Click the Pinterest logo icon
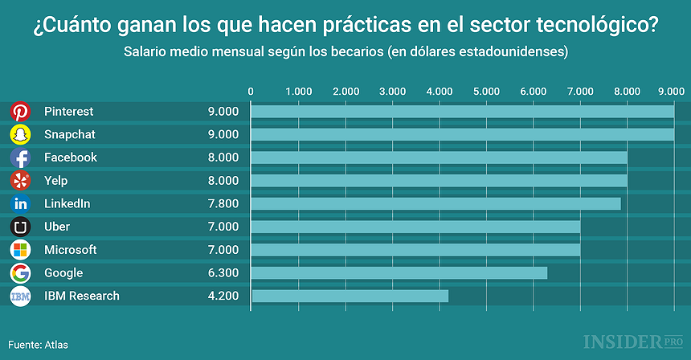[21, 112]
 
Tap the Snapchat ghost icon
[21, 134]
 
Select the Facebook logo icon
[21, 157]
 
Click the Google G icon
[21, 273]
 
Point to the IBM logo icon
[21, 297]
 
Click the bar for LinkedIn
[435, 204]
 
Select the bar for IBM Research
[350, 297]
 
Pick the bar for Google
[399, 273]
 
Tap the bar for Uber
[415, 227]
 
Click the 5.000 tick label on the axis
[486, 92]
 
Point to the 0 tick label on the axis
[251, 92]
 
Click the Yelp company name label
[57, 181]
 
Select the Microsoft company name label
[70, 250]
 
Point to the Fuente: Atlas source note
[39, 345]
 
